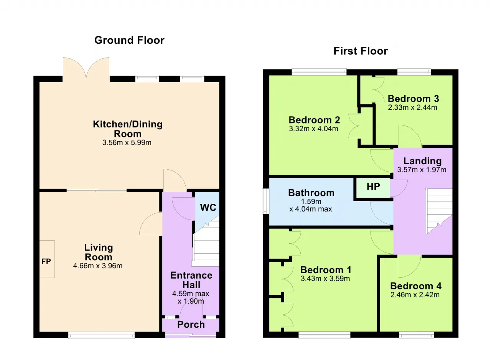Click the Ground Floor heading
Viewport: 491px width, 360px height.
point(129,40)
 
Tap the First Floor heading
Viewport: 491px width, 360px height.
point(361,51)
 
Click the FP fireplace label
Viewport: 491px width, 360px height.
point(46,261)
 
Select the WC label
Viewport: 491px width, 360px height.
point(208,207)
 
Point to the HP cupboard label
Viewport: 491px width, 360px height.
point(373,187)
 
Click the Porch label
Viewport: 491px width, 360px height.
point(191,324)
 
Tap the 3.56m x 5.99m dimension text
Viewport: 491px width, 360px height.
point(127,143)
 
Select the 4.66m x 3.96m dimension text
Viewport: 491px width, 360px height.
point(98,266)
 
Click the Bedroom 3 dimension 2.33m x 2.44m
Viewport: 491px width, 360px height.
point(412,107)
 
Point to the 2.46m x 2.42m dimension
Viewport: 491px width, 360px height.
point(415,295)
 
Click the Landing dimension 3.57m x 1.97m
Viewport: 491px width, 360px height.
point(422,170)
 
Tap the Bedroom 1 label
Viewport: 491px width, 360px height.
point(326,270)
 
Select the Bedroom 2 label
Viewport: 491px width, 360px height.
point(314,120)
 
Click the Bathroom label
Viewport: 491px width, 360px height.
point(311,193)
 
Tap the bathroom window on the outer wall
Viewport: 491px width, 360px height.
point(266,201)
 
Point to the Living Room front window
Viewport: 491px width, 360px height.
point(101,335)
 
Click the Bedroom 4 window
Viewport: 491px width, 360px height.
point(417,335)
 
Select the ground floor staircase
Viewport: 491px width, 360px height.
point(206,241)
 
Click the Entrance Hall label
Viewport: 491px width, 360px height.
point(191,280)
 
